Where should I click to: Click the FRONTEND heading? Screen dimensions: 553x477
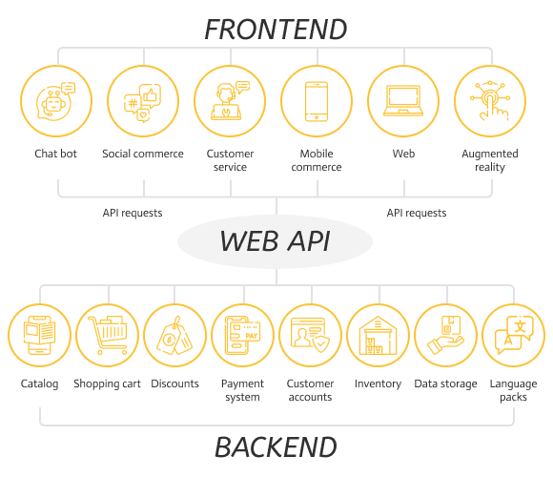click(276, 30)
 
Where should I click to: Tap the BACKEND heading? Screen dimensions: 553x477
click(276, 447)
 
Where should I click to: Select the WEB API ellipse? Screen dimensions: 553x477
click(276, 241)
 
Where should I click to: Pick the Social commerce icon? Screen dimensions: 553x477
click(143, 101)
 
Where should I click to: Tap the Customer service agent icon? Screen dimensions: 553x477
click(230, 101)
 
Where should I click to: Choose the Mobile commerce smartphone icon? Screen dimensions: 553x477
click(317, 101)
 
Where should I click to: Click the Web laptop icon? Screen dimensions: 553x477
click(403, 101)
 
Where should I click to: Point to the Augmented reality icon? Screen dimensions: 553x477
click(490, 101)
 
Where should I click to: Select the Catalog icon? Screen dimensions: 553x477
click(39, 335)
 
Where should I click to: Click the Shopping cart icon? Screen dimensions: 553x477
click(107, 335)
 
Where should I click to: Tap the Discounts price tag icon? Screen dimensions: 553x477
click(174, 335)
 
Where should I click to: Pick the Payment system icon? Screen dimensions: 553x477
click(242, 335)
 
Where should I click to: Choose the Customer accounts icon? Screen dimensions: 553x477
click(311, 335)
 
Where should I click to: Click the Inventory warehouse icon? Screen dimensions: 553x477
click(379, 335)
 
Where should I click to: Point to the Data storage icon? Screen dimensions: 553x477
click(446, 335)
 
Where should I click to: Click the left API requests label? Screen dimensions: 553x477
click(133, 213)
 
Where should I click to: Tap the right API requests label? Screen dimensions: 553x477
click(417, 213)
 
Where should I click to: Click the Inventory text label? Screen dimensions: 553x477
click(379, 384)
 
